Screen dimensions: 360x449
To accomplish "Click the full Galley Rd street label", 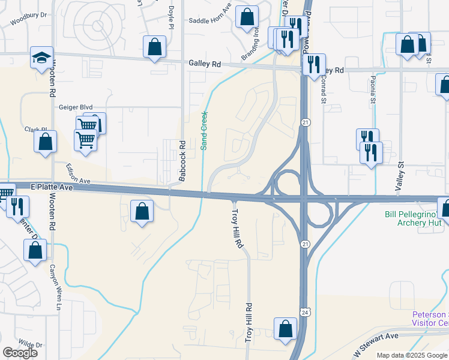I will click(205, 63).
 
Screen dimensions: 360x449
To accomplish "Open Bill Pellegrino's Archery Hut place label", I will click(414, 218).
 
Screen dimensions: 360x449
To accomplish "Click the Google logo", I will click(20, 353).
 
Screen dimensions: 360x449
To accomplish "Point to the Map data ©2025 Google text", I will click(412, 355).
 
